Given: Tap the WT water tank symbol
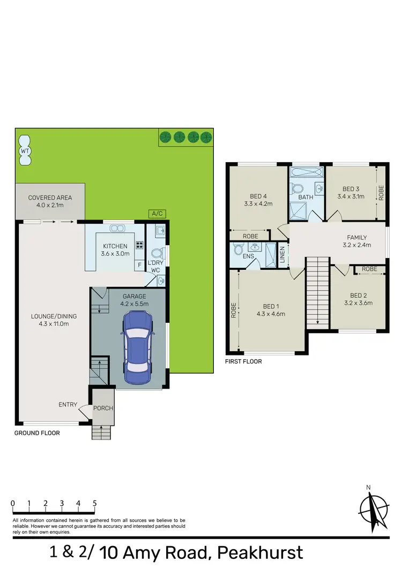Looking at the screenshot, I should (24, 151).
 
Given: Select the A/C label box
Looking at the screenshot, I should (157, 214).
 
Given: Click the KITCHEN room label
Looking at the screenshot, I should (115, 246).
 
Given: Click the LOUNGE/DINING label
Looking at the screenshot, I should (54, 316).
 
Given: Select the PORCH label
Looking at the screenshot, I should (103, 408).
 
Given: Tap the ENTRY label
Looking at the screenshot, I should (68, 405).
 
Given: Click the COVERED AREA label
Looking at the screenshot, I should (50, 198).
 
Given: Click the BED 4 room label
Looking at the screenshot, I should (258, 195).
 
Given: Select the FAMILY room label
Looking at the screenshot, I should (357, 238).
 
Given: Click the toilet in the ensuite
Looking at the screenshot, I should (239, 249).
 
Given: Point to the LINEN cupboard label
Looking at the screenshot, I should (282, 255).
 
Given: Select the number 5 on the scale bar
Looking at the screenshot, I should (95, 503).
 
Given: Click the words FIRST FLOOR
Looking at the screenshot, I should (243, 361).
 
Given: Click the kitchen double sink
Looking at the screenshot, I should (117, 229).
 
